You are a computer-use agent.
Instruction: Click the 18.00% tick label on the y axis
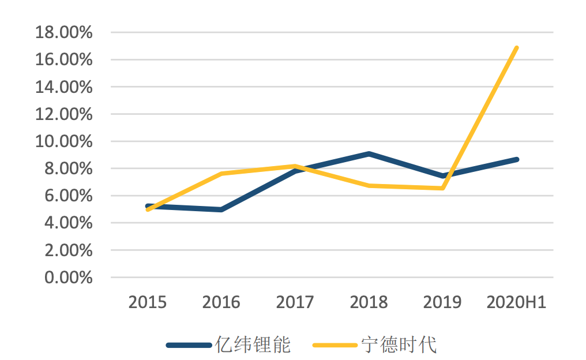[63, 32]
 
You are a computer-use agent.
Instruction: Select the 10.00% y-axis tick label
[63, 141]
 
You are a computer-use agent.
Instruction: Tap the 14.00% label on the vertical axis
[63, 87]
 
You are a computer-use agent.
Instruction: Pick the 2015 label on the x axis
[148, 302]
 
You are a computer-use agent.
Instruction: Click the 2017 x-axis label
[295, 302]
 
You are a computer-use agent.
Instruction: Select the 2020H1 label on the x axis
[516, 302]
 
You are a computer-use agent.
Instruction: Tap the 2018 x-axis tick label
[369, 302]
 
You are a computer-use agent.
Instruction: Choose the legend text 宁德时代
[399, 345]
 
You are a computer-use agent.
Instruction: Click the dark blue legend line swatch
[189, 346]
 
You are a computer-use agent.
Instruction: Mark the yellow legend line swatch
[335, 346]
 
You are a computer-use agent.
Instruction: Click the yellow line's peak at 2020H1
[516, 48]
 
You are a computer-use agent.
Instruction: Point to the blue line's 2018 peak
[369, 154]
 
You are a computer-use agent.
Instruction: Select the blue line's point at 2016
[221, 209]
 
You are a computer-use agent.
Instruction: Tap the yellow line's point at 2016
[221, 174]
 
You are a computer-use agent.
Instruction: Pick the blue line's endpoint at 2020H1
[516, 159]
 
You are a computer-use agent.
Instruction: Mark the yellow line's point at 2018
[369, 186]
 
